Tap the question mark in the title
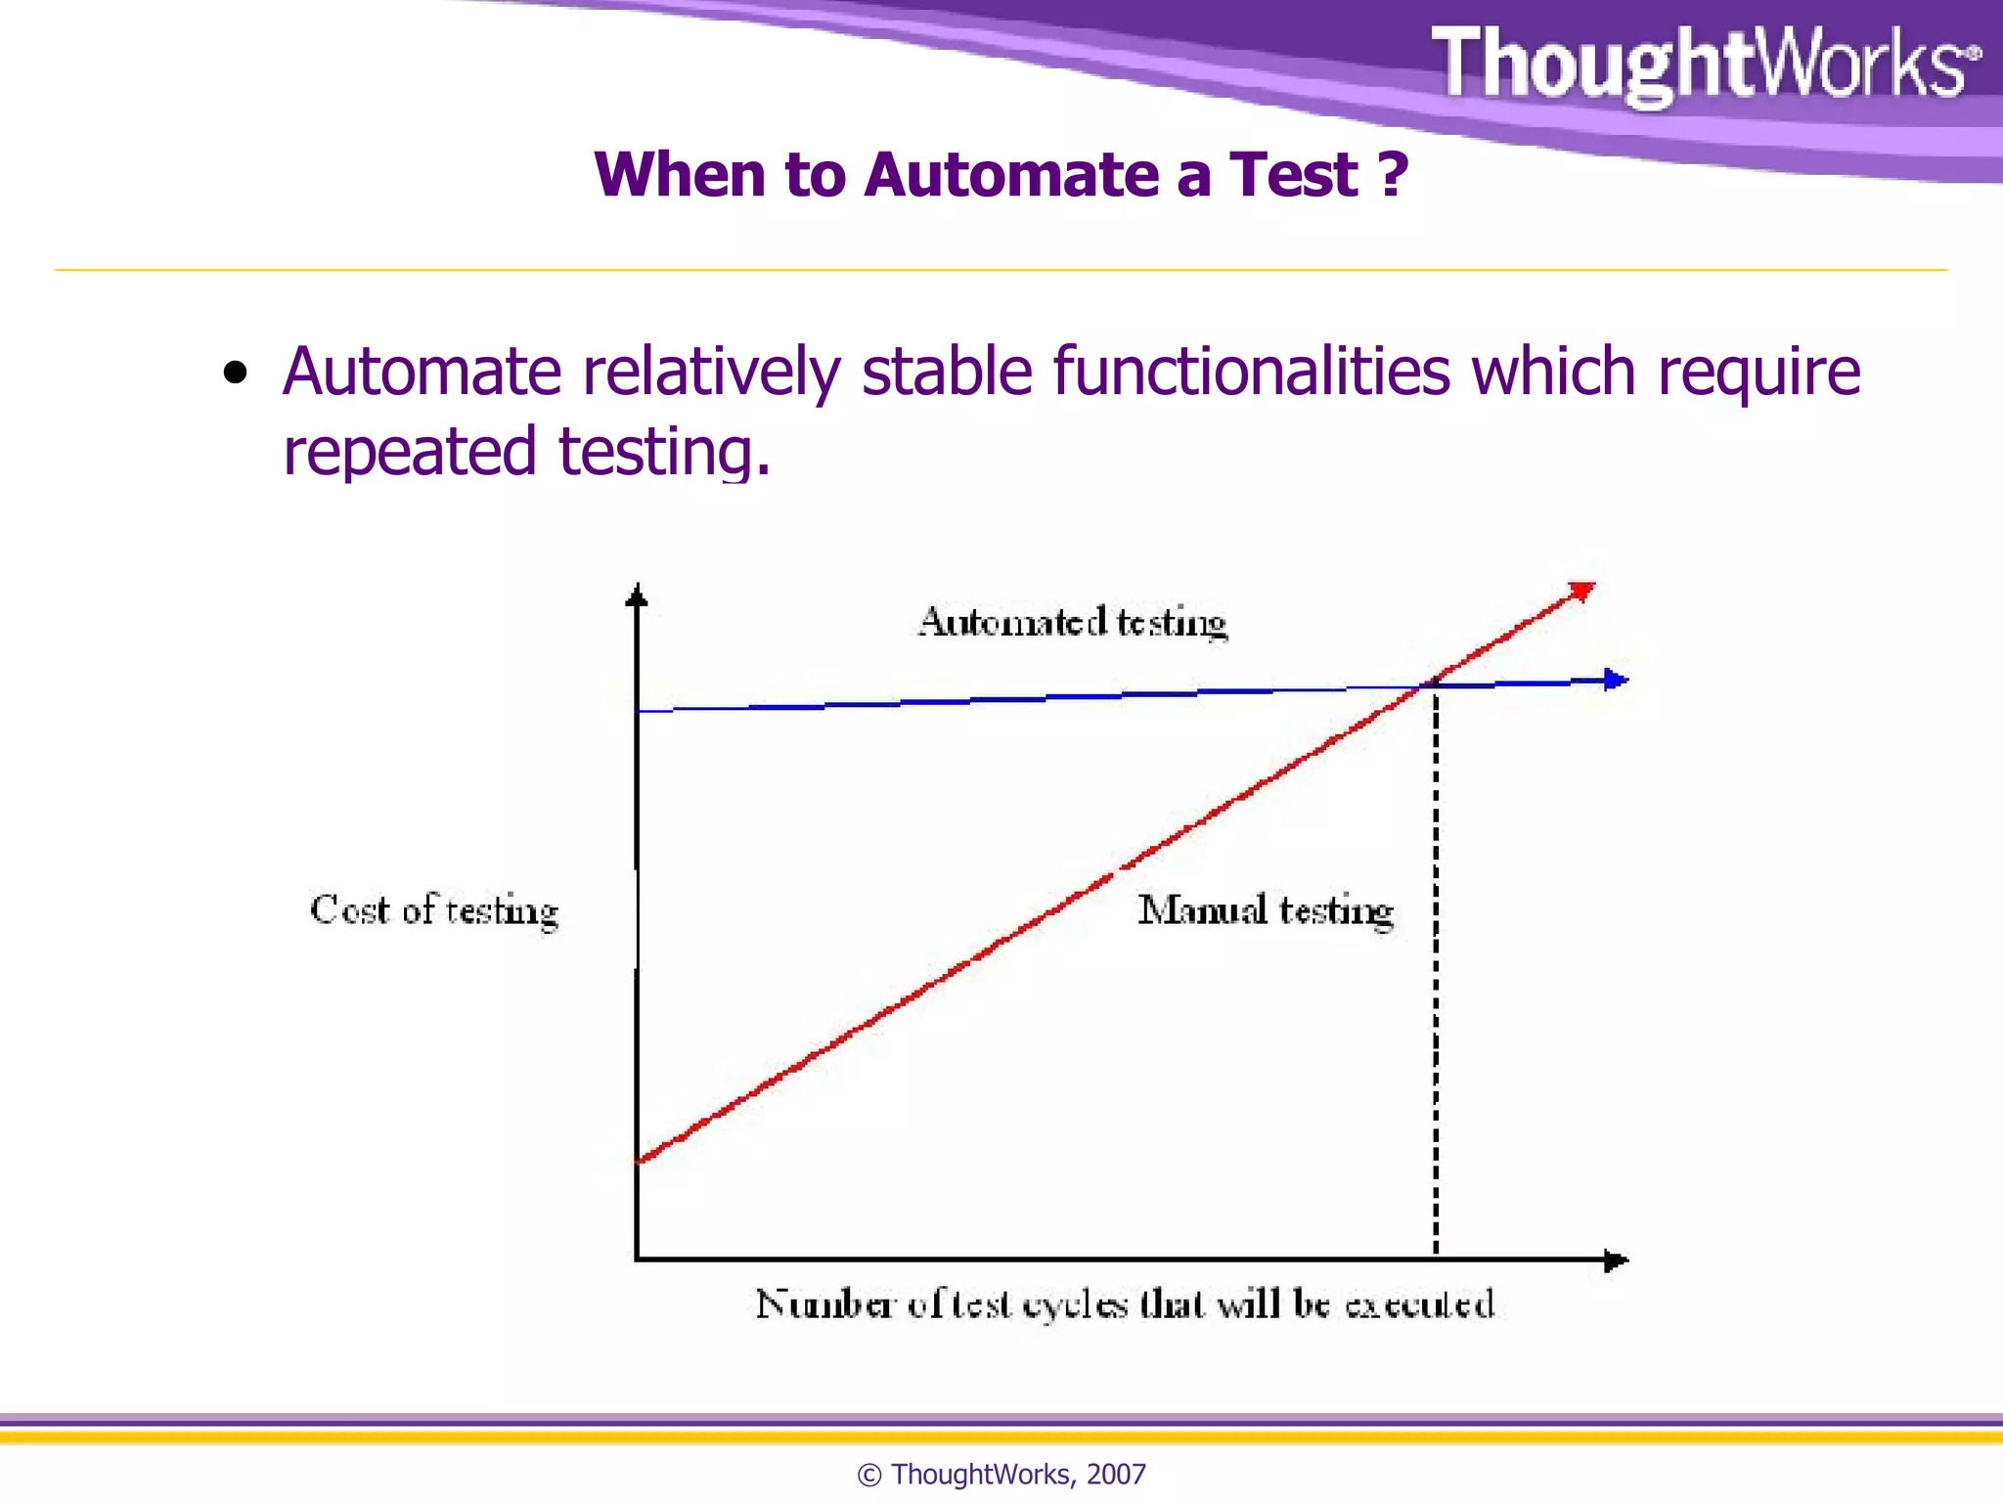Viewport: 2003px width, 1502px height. click(1393, 175)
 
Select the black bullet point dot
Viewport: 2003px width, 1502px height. click(235, 374)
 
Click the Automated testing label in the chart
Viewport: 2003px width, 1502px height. click(1072, 622)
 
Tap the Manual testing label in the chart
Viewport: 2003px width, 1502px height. click(1266, 910)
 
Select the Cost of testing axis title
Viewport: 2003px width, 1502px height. click(433, 910)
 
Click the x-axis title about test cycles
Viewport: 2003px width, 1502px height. click(1125, 1304)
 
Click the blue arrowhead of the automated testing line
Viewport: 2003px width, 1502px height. click(1615, 680)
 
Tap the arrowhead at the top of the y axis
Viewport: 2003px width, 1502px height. click(637, 595)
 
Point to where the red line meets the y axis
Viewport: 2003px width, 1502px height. click(639, 1161)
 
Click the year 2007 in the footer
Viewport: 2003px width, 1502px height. click(1116, 1474)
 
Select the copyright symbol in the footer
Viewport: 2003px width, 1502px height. click(868, 1475)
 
